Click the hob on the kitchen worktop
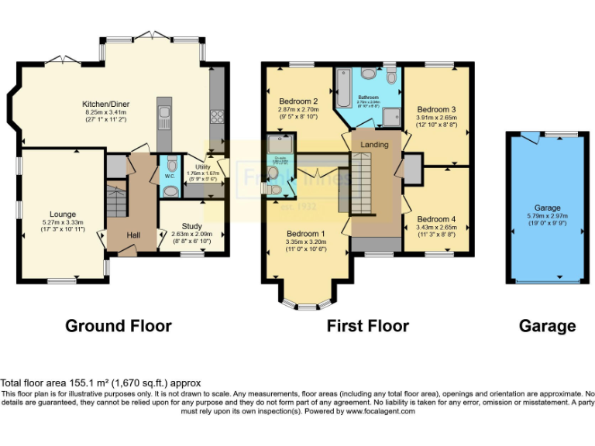click(217, 118)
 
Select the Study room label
click(191, 226)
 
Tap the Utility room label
click(204, 166)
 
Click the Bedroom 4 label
click(436, 219)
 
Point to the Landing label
click(375, 145)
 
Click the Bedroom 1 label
click(306, 234)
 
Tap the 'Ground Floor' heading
click(118, 326)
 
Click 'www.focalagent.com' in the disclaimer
click(379, 411)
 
